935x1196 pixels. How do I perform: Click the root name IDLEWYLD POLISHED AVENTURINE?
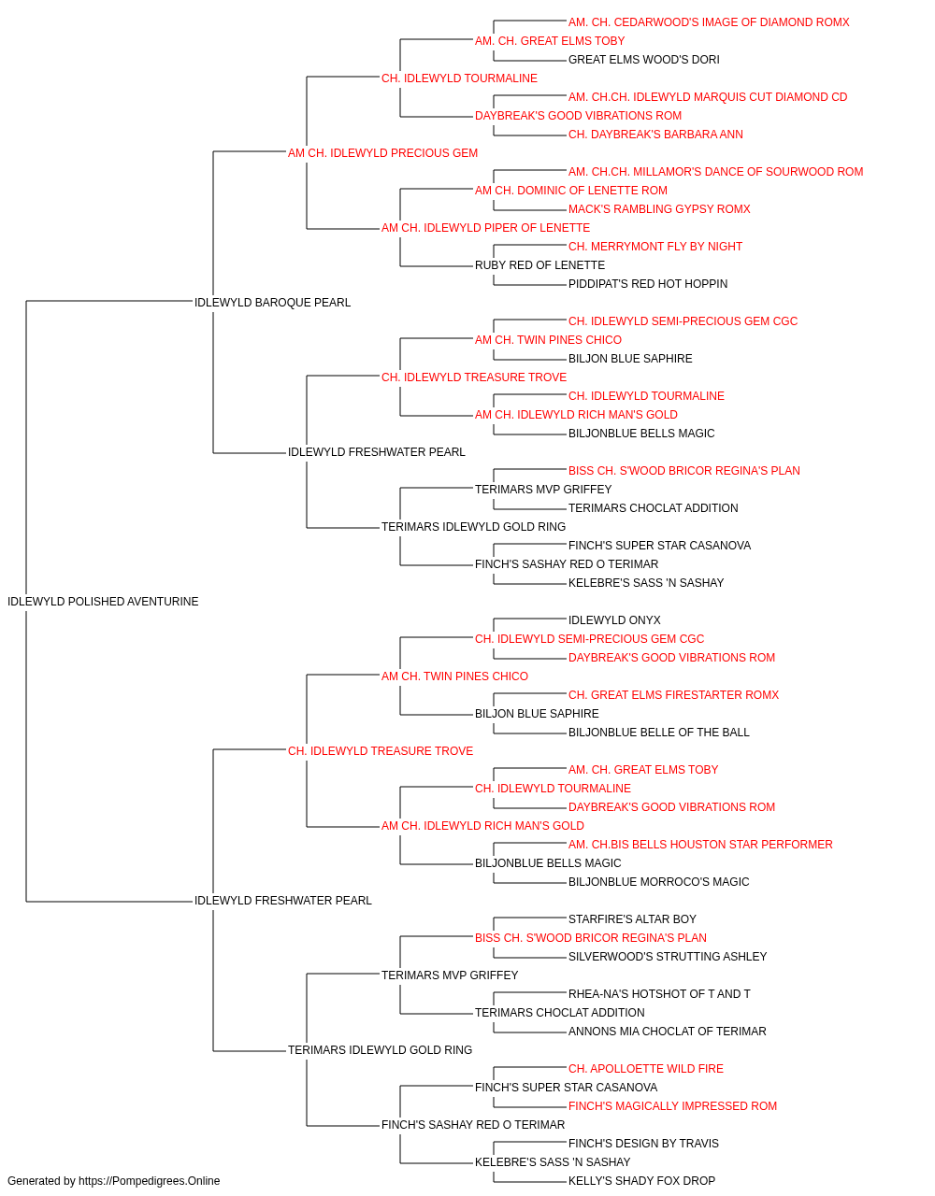pyautogui.click(x=103, y=602)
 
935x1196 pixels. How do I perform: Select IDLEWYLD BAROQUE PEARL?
pyautogui.click(x=273, y=303)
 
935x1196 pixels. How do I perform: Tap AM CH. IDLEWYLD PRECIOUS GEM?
pyautogui.click(x=382, y=153)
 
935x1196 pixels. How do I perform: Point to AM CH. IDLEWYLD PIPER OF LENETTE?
pyautogui.click(x=485, y=228)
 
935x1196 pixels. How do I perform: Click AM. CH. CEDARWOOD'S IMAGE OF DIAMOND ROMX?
pyautogui.click(x=709, y=22)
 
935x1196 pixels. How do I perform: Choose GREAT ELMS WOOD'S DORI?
pyautogui.click(x=643, y=60)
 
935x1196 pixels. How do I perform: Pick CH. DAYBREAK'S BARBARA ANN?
pyautogui.click(x=655, y=135)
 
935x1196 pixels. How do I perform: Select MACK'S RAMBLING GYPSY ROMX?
pyautogui.click(x=659, y=209)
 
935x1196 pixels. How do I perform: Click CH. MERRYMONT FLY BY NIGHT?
pyautogui.click(x=655, y=247)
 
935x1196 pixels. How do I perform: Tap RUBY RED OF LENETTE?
pyautogui.click(x=539, y=265)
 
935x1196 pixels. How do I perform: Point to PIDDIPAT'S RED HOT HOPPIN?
pyautogui.click(x=648, y=284)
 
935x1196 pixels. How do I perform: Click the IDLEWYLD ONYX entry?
pyautogui.click(x=614, y=620)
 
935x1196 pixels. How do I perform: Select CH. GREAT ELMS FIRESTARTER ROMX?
pyautogui.click(x=673, y=695)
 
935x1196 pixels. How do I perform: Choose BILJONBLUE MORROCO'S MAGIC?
pyautogui.click(x=658, y=882)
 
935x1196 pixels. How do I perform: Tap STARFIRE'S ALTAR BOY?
pyautogui.click(x=632, y=919)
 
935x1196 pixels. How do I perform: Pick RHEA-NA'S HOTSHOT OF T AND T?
pyautogui.click(x=659, y=994)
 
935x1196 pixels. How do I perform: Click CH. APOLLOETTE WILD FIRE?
pyautogui.click(x=645, y=1069)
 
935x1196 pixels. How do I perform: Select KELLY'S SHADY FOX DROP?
pyautogui.click(x=641, y=1181)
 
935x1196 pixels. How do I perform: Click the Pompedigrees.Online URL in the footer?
pyautogui.click(x=149, y=1181)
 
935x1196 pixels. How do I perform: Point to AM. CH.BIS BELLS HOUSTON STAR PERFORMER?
pyautogui.click(x=700, y=845)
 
